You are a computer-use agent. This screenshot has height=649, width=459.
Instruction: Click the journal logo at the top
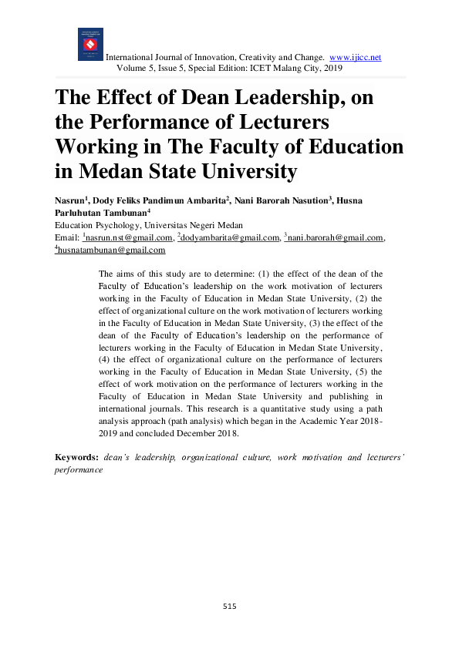point(90,44)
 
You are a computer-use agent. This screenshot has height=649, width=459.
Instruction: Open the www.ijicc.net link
point(355,58)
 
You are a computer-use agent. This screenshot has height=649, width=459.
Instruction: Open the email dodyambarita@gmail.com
point(229,238)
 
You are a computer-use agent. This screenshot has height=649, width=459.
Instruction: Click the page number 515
point(228,607)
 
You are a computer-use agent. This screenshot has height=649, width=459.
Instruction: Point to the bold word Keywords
point(76,457)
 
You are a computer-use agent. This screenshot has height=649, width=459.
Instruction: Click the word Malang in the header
point(266,69)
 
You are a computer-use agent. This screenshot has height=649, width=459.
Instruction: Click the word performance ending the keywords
point(78,469)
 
